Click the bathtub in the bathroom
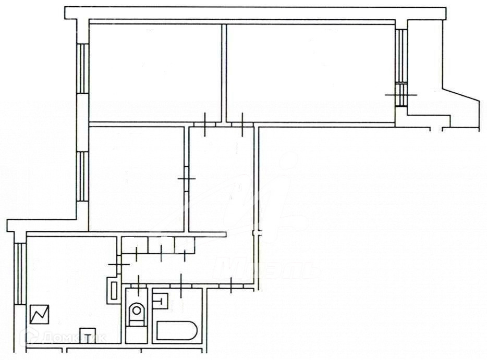pos(176,331)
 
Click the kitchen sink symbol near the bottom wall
pos(87,333)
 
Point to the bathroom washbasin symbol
pos(162,300)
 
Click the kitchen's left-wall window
pos(19,274)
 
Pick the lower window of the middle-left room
pos(82,177)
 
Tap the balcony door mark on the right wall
pos(401,94)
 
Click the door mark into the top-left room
pos(205,123)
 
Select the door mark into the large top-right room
pos(242,123)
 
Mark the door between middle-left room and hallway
pos(187,179)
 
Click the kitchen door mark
pos(119,264)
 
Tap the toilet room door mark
pos(138,284)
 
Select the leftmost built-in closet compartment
pos(134,245)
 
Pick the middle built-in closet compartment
pos(161,245)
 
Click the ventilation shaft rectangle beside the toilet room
pos(113,290)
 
